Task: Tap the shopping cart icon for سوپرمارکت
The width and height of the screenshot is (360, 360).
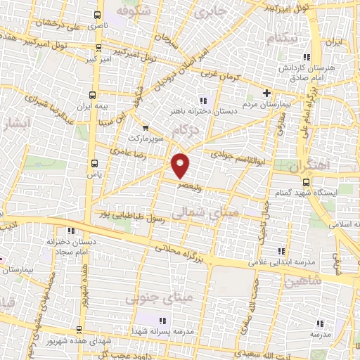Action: (146, 128)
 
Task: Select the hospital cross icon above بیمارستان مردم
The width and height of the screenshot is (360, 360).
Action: (266, 94)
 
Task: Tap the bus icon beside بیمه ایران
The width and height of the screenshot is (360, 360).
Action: (92, 95)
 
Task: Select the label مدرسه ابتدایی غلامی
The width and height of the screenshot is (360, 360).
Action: (278, 263)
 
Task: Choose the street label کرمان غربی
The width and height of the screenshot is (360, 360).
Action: (224, 77)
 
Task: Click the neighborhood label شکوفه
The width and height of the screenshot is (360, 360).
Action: (134, 13)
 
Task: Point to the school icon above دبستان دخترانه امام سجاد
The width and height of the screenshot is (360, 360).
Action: (70, 231)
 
